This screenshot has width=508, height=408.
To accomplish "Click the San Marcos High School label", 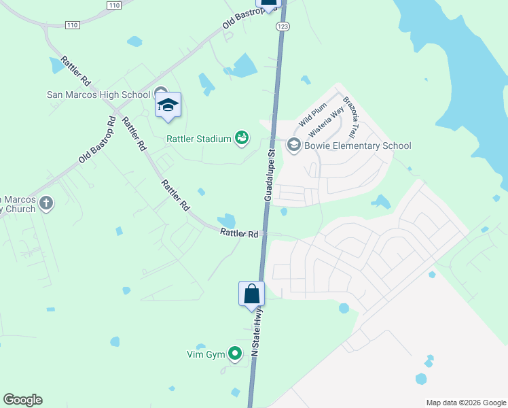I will tap(98, 95).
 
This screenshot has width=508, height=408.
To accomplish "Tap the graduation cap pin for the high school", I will tap(168, 105).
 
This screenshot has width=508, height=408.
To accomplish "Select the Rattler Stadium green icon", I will tap(241, 139).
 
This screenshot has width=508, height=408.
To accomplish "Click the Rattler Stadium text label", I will tap(199, 139).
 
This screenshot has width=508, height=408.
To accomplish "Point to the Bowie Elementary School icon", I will tap(293, 144).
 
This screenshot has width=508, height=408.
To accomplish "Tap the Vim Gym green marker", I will tap(235, 353).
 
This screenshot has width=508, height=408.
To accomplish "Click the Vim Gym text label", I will tap(205, 354).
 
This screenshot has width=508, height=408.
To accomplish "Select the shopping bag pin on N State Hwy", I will tap(251, 294).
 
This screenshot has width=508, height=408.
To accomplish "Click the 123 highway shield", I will tap(282, 26).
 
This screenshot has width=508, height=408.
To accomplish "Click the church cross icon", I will tap(46, 203).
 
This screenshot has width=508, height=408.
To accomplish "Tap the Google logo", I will tap(22, 400).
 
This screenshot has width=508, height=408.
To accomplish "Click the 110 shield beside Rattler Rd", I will tap(73, 25).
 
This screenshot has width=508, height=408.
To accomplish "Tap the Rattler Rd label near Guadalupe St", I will tap(239, 233).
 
